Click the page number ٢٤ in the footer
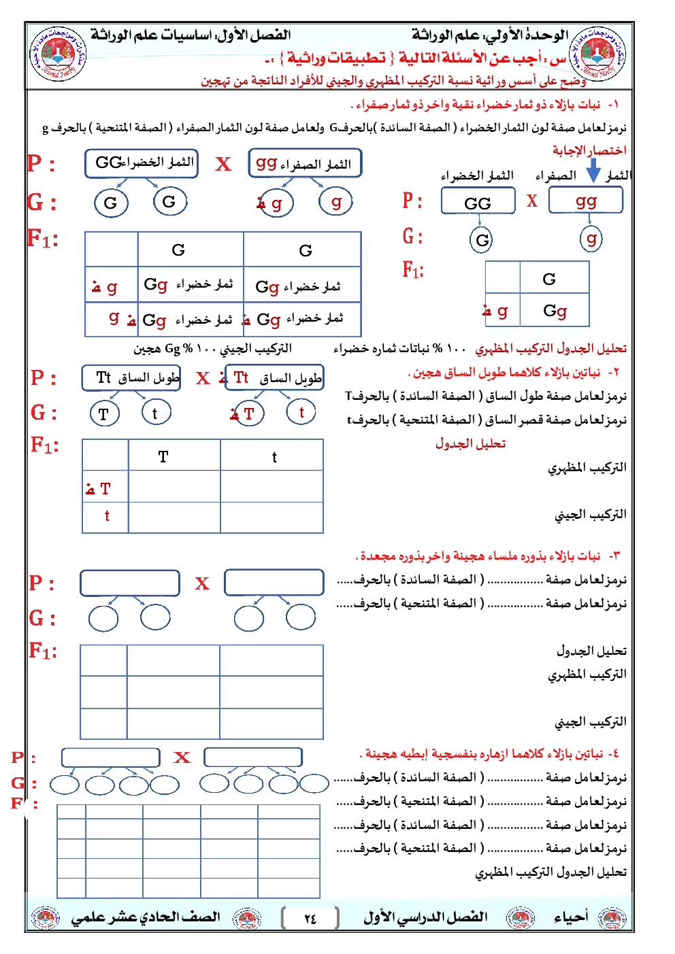pyautogui.click(x=310, y=919)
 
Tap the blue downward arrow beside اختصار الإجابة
pyautogui.click(x=593, y=170)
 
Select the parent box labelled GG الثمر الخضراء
pyautogui.click(x=142, y=163)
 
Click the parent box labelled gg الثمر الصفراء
pyautogui.click(x=304, y=164)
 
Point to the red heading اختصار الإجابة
pyautogui.click(x=589, y=150)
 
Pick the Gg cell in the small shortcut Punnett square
pyautogui.click(x=555, y=311)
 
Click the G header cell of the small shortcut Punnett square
pyautogui.click(x=549, y=279)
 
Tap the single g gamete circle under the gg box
pyautogui.click(x=591, y=239)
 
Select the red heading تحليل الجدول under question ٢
pyautogui.click(x=470, y=443)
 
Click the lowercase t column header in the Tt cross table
pyautogui.click(x=274, y=457)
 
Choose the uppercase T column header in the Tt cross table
pyautogui.click(x=163, y=457)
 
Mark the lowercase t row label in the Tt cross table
pyautogui.click(x=107, y=516)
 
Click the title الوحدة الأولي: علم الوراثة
pyautogui.click(x=489, y=35)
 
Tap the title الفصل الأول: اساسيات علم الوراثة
pyautogui.click(x=191, y=35)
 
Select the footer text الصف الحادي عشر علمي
pyautogui.click(x=145, y=917)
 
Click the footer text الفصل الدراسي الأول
pyautogui.click(x=425, y=917)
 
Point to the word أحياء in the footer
pyautogui.click(x=570, y=917)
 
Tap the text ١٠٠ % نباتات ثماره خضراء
pyautogui.click(x=399, y=349)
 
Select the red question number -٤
pyautogui.click(x=613, y=753)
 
